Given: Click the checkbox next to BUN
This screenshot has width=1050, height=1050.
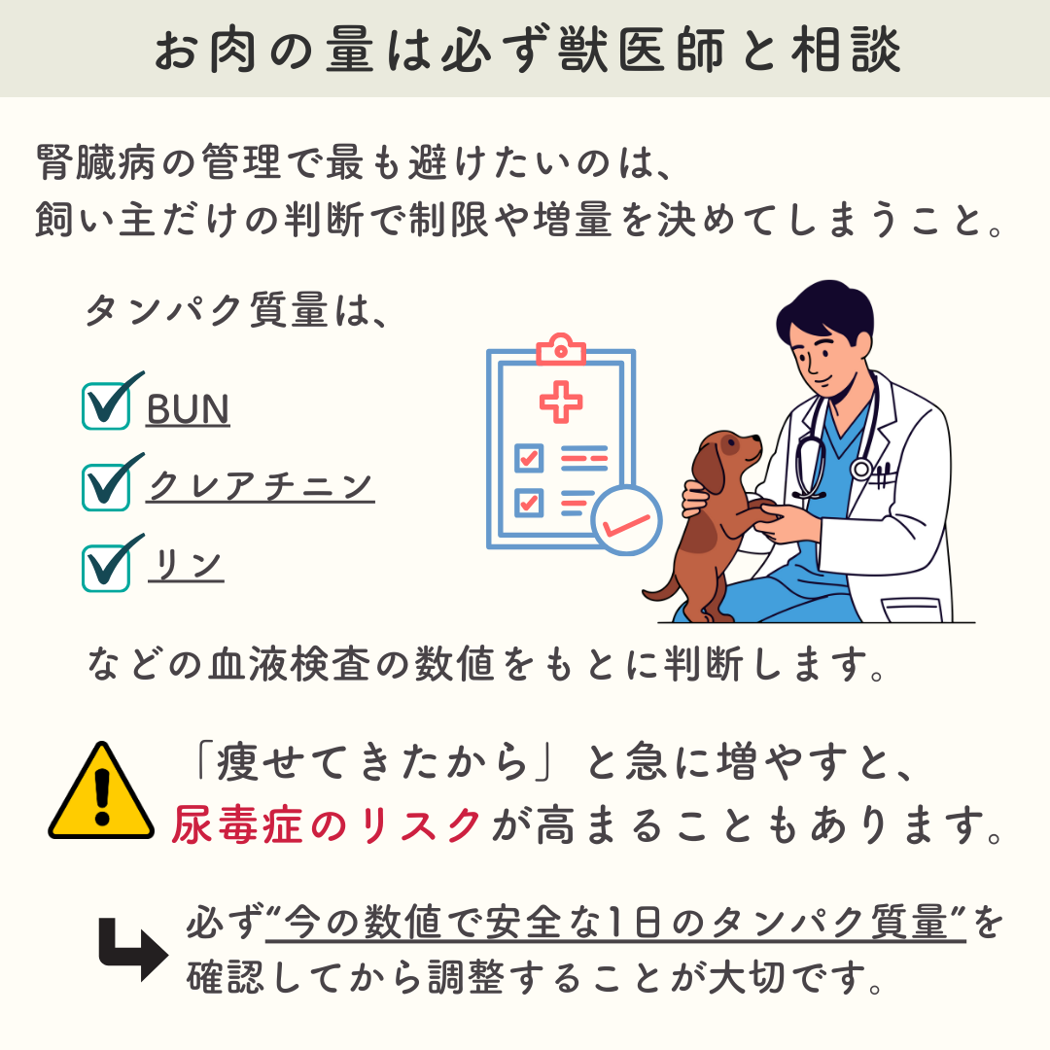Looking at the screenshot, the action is pyautogui.click(x=106, y=405).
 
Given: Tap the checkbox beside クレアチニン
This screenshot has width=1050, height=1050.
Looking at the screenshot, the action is pyautogui.click(x=106, y=487).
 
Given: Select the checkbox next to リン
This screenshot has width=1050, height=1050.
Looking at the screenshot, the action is pyautogui.click(x=106, y=568).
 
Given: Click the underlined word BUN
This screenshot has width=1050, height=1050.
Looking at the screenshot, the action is pyautogui.click(x=189, y=409).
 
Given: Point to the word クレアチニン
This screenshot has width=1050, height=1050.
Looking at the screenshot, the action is pyautogui.click(x=261, y=486).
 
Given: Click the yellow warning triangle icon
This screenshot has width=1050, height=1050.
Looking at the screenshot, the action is pyautogui.click(x=101, y=790).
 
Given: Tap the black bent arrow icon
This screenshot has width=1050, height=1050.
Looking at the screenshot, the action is pyautogui.click(x=132, y=950).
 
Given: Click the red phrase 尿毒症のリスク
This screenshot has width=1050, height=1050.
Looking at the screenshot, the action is pyautogui.click(x=327, y=824).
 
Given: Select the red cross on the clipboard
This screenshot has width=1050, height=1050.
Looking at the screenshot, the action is pyautogui.click(x=561, y=402).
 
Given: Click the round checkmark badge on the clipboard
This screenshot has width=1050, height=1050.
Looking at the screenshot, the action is pyautogui.click(x=626, y=520).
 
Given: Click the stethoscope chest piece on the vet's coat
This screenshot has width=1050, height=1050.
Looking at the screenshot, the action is pyautogui.click(x=861, y=469).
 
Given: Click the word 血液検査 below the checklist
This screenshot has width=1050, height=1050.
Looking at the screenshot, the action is pyautogui.click(x=290, y=664).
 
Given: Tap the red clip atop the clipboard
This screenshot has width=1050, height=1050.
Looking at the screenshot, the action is pyautogui.click(x=561, y=349).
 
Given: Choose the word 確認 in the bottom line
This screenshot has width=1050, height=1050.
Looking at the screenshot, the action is pyautogui.click(x=226, y=977).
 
